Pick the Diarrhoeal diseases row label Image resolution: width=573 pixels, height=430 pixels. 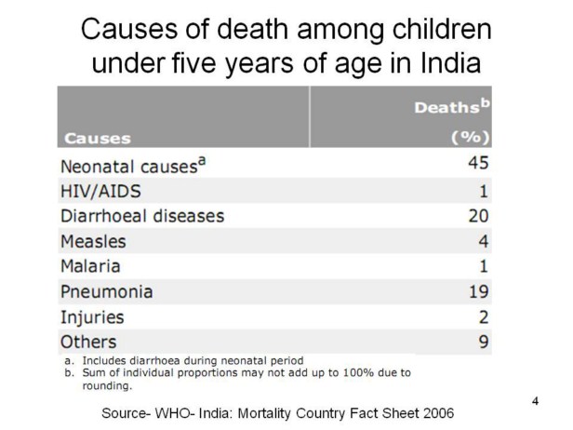pyautogui.click(x=142, y=216)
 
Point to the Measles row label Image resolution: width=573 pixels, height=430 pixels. pyautogui.click(x=93, y=241)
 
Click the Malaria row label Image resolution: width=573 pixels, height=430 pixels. pyautogui.click(x=90, y=266)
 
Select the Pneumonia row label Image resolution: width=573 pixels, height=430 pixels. pyautogui.click(x=107, y=291)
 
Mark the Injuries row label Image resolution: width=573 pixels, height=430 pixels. pyautogui.click(x=92, y=316)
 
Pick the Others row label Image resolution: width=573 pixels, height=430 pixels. pyautogui.click(x=89, y=342)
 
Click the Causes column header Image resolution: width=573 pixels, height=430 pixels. pyautogui.click(x=98, y=139)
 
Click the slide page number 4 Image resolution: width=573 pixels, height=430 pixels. pyautogui.click(x=535, y=401)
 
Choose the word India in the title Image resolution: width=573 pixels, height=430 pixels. pyautogui.click(x=451, y=65)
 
